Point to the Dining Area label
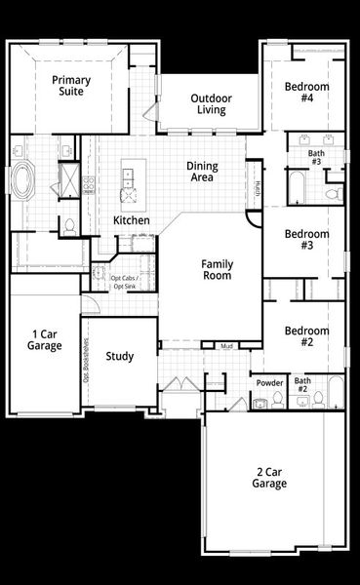tap(202, 173)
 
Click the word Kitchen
tap(132, 220)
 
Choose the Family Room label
tap(217, 270)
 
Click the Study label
tap(120, 357)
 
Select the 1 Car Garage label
tap(45, 339)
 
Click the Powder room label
tap(269, 383)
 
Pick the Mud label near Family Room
tap(226, 346)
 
